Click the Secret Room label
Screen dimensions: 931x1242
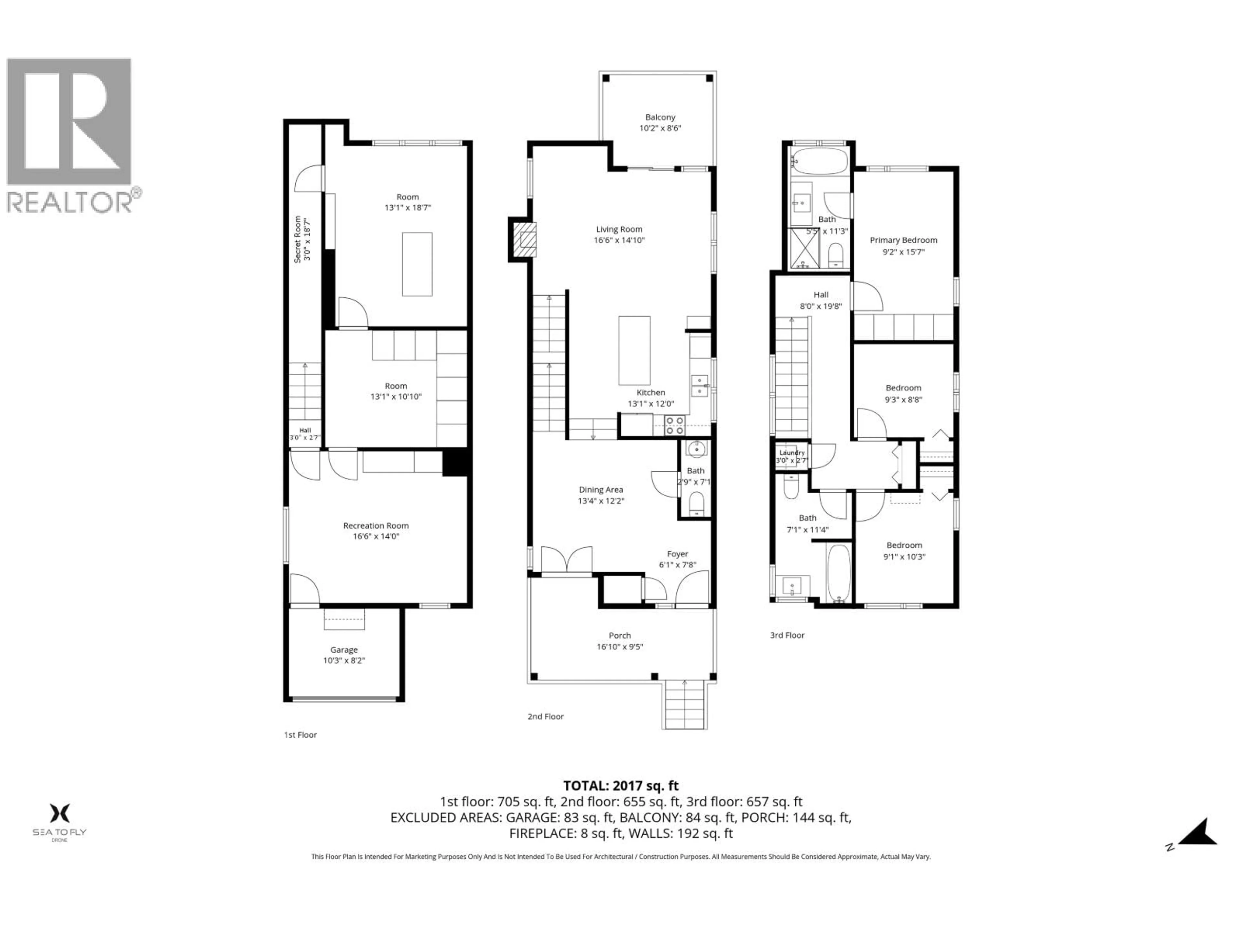[x=298, y=240]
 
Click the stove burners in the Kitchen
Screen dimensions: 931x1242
[x=674, y=425]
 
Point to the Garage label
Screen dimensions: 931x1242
[x=343, y=649]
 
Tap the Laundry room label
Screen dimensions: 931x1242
[x=792, y=452]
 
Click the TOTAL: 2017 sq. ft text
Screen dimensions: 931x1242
[x=620, y=786]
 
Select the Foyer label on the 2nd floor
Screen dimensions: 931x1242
[x=677, y=554]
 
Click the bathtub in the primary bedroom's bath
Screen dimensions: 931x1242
[x=820, y=161]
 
